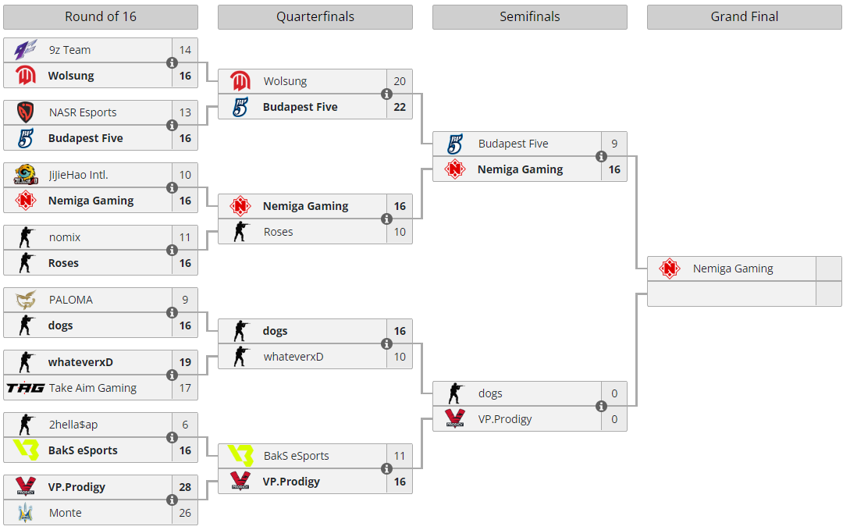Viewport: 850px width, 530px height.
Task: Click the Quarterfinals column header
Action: tap(315, 17)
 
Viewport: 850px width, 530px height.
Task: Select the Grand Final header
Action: tap(744, 17)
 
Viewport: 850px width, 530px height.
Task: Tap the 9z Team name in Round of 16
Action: tap(69, 50)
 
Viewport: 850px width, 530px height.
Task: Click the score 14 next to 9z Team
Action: tap(185, 50)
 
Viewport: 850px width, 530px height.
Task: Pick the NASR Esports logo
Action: tap(26, 112)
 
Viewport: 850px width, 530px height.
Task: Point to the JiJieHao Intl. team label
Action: tap(78, 175)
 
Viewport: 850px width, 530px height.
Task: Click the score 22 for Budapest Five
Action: tap(400, 107)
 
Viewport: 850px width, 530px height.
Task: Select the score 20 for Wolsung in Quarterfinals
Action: tap(400, 81)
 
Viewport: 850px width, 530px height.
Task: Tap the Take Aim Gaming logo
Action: tap(26, 388)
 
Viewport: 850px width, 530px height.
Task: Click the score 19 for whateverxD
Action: tap(185, 362)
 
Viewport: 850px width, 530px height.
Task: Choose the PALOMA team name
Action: tap(70, 300)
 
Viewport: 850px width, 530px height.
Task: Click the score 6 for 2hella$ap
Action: tap(185, 425)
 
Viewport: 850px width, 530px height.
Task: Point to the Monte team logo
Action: tap(26, 513)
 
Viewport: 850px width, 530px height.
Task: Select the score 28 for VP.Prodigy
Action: tap(185, 487)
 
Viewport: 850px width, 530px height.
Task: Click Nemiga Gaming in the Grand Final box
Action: tap(733, 269)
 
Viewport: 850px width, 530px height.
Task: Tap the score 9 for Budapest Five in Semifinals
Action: tap(614, 144)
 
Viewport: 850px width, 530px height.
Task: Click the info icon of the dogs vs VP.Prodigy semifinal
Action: tap(601, 406)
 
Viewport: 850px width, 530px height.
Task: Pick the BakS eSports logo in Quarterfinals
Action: tap(240, 456)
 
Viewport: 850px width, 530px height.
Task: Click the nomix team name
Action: tap(65, 237)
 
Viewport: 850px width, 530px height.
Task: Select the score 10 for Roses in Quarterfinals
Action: tap(400, 232)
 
